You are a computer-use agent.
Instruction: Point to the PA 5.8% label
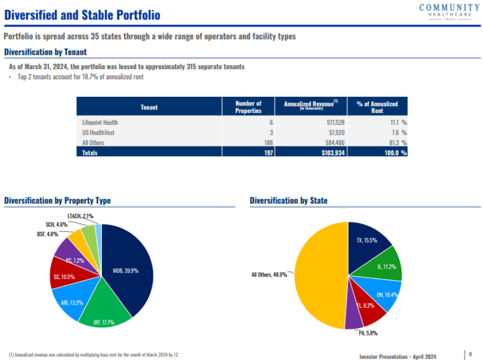point(367,333)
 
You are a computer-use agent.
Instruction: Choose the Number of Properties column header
point(248,107)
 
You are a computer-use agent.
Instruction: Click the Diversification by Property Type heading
point(57,200)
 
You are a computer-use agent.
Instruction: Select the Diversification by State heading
point(288,200)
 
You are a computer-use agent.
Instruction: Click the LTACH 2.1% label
point(80,216)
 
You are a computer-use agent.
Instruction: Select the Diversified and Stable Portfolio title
point(82,14)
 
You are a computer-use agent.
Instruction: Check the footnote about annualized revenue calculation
point(93,355)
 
